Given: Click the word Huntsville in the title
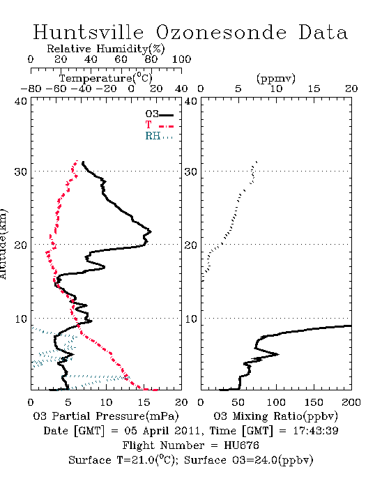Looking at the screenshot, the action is pos(89,32).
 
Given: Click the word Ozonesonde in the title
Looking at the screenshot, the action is pos(221,32).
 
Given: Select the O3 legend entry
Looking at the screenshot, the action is pos(159,114).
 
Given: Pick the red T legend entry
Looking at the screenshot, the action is pos(159,125).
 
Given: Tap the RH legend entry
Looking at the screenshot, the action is pos(159,136).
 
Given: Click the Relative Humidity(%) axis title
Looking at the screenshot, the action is pos(106,49).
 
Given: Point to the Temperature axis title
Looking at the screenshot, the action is pos(106,78).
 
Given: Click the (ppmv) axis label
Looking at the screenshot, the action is pos(276,78).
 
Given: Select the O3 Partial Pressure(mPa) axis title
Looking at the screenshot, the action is pos(106,416).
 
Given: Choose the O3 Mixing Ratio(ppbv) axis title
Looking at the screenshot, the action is pos(275,416).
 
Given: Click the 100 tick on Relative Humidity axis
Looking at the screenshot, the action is pos(181,59).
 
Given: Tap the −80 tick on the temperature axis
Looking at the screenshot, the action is pos(31,89).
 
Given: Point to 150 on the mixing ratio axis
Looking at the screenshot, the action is pos(314,402).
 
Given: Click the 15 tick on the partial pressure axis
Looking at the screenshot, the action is pos(144,402).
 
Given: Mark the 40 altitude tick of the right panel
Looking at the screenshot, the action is pos(191,101).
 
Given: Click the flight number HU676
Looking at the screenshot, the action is pos(241,445).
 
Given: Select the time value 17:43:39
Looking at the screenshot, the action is pos(316,431).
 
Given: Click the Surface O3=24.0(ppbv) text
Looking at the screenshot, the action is pos(249,460).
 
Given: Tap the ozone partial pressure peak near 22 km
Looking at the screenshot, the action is pos(151,231).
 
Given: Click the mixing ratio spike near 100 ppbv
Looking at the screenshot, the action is pos(278,354).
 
